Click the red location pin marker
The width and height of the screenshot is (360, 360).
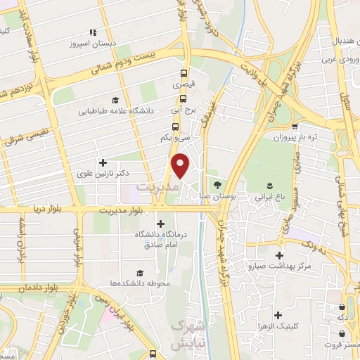click(181, 167)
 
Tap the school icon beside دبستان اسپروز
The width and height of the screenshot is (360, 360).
click(92, 32)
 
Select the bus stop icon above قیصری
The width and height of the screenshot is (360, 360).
click(184, 73)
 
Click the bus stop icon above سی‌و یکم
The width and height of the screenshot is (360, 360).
click(175, 127)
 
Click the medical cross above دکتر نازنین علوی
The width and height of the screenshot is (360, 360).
click(103, 162)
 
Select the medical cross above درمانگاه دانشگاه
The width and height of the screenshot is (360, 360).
click(161, 224)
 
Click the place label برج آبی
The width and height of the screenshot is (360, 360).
click(184, 110)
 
